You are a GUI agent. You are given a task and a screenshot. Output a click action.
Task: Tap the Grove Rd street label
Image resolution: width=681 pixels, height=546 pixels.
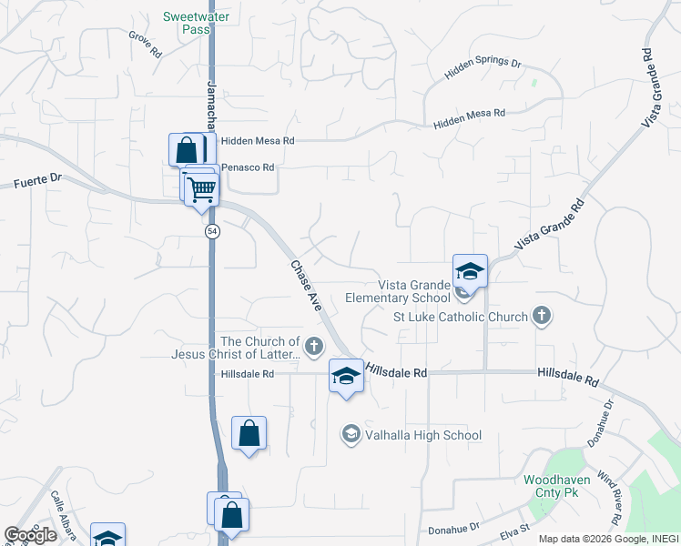145,45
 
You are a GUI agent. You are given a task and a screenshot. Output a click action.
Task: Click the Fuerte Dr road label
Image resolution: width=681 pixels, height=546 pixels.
37,183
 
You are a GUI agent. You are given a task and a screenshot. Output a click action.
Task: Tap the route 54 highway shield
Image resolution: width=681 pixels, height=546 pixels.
212,231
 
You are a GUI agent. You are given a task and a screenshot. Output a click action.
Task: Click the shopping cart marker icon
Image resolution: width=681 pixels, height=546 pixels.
201,189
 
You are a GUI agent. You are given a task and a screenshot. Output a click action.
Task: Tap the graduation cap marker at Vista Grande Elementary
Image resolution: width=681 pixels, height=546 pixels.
470,271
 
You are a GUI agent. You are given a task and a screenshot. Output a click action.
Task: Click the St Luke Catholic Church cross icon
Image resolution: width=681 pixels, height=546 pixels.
542,317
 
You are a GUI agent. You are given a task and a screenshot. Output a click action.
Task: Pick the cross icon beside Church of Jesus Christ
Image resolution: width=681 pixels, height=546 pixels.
314,346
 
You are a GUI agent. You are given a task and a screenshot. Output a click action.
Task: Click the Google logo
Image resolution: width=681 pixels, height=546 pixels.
31,535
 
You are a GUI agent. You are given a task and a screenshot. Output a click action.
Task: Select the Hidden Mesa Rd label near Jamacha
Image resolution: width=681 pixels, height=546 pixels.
264,141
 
